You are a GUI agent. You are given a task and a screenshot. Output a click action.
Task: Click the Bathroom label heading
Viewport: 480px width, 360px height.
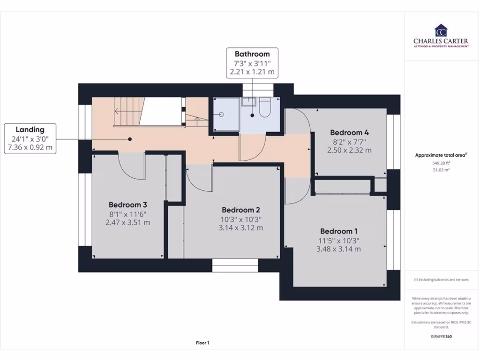pos(252,54)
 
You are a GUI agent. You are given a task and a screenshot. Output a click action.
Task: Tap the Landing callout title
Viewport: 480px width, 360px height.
pos(30,129)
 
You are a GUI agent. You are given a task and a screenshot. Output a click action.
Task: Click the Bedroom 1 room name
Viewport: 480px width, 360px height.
pos(339,231)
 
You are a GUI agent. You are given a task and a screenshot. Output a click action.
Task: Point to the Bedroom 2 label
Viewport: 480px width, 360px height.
pos(241,210)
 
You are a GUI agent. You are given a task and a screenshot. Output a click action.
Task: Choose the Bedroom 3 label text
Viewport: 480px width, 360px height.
pos(128,204)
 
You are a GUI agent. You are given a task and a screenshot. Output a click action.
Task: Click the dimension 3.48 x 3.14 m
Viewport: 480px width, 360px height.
pos(339,249)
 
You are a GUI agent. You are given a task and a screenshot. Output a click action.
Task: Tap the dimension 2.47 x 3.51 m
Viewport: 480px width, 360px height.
pos(128,222)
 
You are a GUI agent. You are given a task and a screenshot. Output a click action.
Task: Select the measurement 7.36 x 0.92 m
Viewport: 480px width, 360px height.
pos(30,148)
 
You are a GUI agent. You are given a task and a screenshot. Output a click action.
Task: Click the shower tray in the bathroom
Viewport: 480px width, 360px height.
pos(224,114)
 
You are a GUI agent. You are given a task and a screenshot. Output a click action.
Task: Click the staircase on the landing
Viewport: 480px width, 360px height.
pos(141,112)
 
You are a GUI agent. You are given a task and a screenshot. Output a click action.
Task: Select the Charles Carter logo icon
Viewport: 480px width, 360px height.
pos(441,30)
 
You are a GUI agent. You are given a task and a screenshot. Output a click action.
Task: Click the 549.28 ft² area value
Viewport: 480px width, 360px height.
pos(441,164)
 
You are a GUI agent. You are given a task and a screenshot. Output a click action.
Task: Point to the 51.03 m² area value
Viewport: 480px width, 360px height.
pos(441,170)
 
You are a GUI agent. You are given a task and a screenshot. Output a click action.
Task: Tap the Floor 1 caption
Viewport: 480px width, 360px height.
pos(202,343)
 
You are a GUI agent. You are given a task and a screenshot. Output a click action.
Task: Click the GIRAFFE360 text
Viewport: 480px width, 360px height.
pos(441,337)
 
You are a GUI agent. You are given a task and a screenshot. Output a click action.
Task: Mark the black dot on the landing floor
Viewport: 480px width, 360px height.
pos(130,139)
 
